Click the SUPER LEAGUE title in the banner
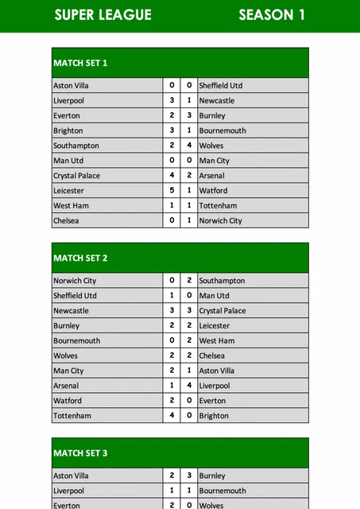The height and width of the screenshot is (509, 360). (x=103, y=14)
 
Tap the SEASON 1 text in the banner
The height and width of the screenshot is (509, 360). (x=271, y=14)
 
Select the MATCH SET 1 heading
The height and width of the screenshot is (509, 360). (x=80, y=63)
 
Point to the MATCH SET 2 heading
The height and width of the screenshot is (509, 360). (x=80, y=258)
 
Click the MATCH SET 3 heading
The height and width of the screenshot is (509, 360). (x=80, y=453)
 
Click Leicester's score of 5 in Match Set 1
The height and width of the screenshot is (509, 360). (x=172, y=191)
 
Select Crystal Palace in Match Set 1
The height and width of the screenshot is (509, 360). (x=76, y=176)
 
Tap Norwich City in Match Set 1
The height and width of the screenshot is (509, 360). (x=220, y=221)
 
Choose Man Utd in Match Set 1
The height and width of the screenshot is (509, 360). (x=68, y=161)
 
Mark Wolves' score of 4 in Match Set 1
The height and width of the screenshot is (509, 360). (x=189, y=146)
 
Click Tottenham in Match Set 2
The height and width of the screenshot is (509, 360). (x=72, y=416)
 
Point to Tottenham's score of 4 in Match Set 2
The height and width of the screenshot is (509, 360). (x=172, y=416)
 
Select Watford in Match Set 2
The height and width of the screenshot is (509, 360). (x=68, y=401)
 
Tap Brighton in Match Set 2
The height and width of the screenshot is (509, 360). (x=214, y=416)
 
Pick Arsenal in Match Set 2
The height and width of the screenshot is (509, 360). (x=67, y=386)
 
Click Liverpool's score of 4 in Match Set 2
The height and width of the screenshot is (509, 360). (x=189, y=386)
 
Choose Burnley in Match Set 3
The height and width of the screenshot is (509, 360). (x=212, y=476)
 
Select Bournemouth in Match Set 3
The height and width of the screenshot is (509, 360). (x=223, y=491)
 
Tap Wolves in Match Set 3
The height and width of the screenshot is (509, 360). (x=211, y=505)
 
